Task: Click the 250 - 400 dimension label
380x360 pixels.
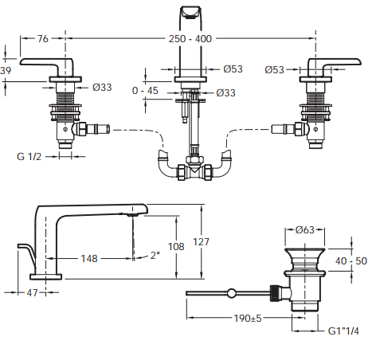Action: coord(190,39)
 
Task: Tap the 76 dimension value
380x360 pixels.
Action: coord(43,39)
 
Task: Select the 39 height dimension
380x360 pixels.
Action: coord(6,71)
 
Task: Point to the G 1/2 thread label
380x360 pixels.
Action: coord(29,156)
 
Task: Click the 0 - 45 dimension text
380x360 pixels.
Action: coord(145,91)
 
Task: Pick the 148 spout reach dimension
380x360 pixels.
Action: coord(89,258)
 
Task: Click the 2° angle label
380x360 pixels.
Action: coord(155,256)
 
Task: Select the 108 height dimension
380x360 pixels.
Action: coord(176,247)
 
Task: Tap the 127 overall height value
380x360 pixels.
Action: coord(201,242)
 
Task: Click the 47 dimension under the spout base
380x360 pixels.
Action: coord(32,293)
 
